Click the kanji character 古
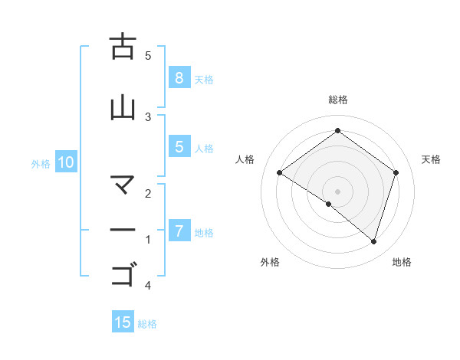(123, 47)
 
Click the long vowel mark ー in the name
(123, 230)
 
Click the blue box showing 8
(179, 77)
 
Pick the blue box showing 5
(179, 147)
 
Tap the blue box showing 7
(179, 231)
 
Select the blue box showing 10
(65, 162)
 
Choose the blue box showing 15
(123, 322)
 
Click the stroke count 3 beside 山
(148, 116)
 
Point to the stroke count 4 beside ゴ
(148, 286)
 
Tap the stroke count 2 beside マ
(148, 195)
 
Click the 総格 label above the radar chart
(338, 100)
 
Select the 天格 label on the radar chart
(432, 159)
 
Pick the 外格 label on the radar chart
(270, 262)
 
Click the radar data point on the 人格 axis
(279, 173)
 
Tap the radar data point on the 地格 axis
(374, 242)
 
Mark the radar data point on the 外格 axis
(329, 204)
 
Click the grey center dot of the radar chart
(338, 191)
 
